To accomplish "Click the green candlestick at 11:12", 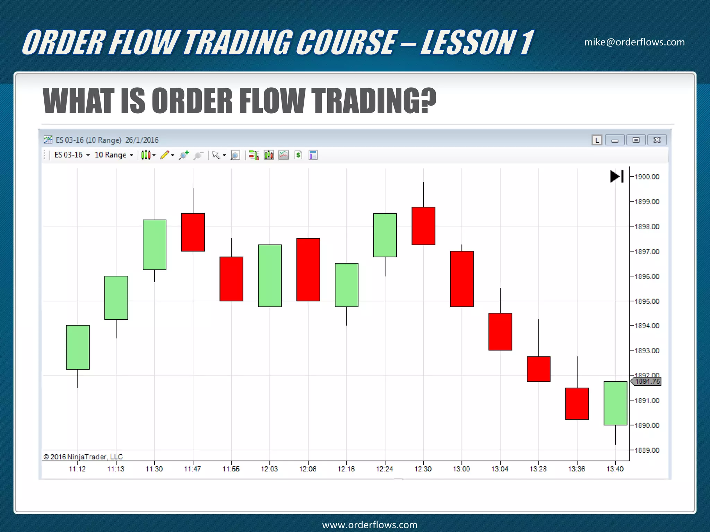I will coord(78,347).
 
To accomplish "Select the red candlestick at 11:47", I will coord(193,232).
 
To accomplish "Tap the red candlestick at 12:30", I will coord(423,226).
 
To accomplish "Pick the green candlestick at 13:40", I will coord(615,403).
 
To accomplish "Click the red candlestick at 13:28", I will coord(538,369).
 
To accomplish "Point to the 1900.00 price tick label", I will coord(647,177).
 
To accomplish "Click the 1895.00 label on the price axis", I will coord(647,301).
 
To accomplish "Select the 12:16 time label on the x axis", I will coord(346,469).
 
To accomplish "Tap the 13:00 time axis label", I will coord(461,469).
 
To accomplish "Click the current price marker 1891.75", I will coord(647,381).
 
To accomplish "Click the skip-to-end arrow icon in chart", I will coord(617,176).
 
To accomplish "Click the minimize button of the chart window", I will coord(615,140).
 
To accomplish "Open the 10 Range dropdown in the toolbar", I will coord(114,155).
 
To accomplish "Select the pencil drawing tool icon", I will coord(165,155).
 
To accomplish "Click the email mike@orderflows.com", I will coord(634,42).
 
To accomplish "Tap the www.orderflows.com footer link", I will coord(370,525).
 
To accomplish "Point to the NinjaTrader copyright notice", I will coord(83,457).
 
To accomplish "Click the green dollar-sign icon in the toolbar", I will coord(298,155).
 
